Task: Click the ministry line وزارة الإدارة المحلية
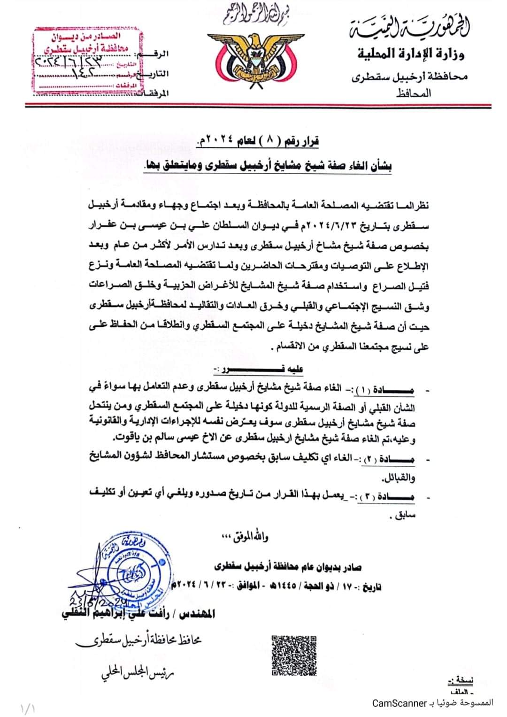pyautogui.click(x=410, y=54)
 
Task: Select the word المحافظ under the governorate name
pyautogui.click(x=413, y=93)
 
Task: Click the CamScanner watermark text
pyautogui.click(x=433, y=703)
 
